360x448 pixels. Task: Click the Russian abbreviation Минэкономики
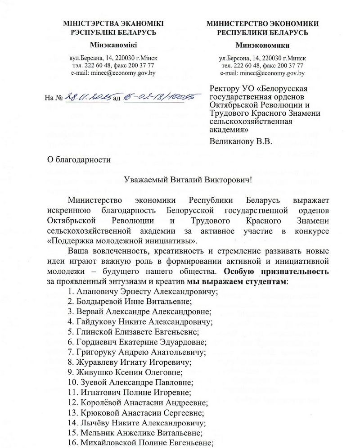[x=262, y=45]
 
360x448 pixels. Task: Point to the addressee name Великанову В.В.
[x=242, y=142]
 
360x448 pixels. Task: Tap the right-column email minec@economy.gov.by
[x=262, y=72]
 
